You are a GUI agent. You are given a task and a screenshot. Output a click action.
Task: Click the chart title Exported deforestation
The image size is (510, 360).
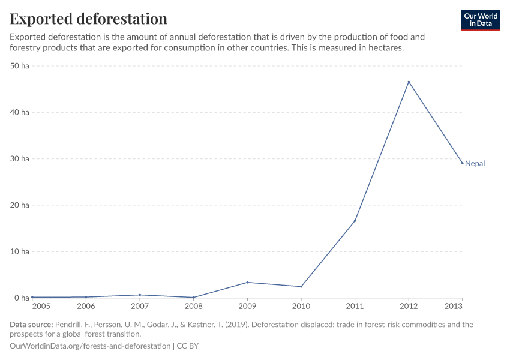tap(88, 19)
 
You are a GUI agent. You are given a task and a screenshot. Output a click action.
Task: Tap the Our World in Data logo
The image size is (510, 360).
tap(480, 20)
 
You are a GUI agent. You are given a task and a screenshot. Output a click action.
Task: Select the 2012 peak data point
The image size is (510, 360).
tap(409, 82)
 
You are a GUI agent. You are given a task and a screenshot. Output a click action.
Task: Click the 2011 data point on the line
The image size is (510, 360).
tap(355, 221)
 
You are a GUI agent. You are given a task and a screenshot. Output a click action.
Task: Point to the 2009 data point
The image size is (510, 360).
tap(247, 283)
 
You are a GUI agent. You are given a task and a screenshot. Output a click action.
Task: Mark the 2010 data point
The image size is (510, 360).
tap(301, 287)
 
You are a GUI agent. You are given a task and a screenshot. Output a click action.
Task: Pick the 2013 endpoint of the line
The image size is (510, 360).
tap(462, 163)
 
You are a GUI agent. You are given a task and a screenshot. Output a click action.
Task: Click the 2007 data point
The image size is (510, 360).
tap(140, 295)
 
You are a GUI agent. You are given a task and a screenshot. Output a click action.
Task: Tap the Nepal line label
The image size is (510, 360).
tap(475, 163)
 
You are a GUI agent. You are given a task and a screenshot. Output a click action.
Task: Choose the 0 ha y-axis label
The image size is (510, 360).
tap(22, 298)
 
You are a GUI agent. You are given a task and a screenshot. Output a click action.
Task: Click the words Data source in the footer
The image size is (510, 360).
tap(31, 325)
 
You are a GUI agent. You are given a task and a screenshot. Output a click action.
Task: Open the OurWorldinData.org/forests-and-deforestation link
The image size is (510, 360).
tap(90, 346)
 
